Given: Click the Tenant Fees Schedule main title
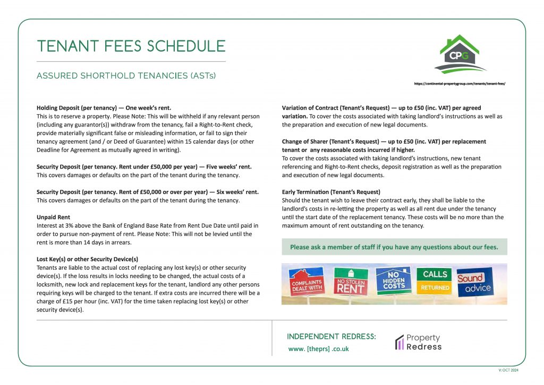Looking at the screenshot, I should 131,46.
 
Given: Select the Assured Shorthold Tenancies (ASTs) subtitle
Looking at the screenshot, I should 126,76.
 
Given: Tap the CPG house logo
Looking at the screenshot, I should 459,54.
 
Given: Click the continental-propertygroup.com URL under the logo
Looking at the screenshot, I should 459,83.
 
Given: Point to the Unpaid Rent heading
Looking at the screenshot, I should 53,217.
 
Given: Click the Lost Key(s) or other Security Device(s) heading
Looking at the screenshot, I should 87,259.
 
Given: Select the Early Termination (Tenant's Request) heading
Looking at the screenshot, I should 331,191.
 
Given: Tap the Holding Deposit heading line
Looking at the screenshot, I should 104,107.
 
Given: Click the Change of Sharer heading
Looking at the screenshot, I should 384,142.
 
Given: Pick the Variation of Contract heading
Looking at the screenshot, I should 381,107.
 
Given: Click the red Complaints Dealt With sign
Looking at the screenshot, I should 307,282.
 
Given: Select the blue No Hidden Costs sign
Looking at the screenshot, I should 393,280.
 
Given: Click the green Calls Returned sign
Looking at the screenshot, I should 435,281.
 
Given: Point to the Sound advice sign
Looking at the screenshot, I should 474,282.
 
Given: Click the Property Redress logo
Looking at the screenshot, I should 418,342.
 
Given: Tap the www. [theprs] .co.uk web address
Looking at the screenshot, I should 319,349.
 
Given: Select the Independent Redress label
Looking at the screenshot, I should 331,337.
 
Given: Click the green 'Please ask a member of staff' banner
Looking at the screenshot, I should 394,247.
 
